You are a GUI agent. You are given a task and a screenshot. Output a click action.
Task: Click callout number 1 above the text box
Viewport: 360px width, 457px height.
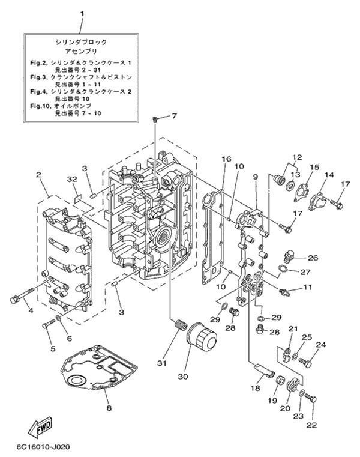point(83,13)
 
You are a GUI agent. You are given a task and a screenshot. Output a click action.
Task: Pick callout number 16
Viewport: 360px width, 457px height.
point(226,159)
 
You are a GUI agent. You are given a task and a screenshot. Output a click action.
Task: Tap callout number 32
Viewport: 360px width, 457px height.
point(72,180)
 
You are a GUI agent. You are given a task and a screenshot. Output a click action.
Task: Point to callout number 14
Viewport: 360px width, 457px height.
point(329,175)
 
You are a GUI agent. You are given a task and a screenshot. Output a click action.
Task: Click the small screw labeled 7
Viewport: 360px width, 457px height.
point(155,121)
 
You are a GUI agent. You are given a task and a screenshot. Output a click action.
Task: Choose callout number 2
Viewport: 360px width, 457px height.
point(38,175)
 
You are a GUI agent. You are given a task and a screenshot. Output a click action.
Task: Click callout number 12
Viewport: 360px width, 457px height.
point(295,157)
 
